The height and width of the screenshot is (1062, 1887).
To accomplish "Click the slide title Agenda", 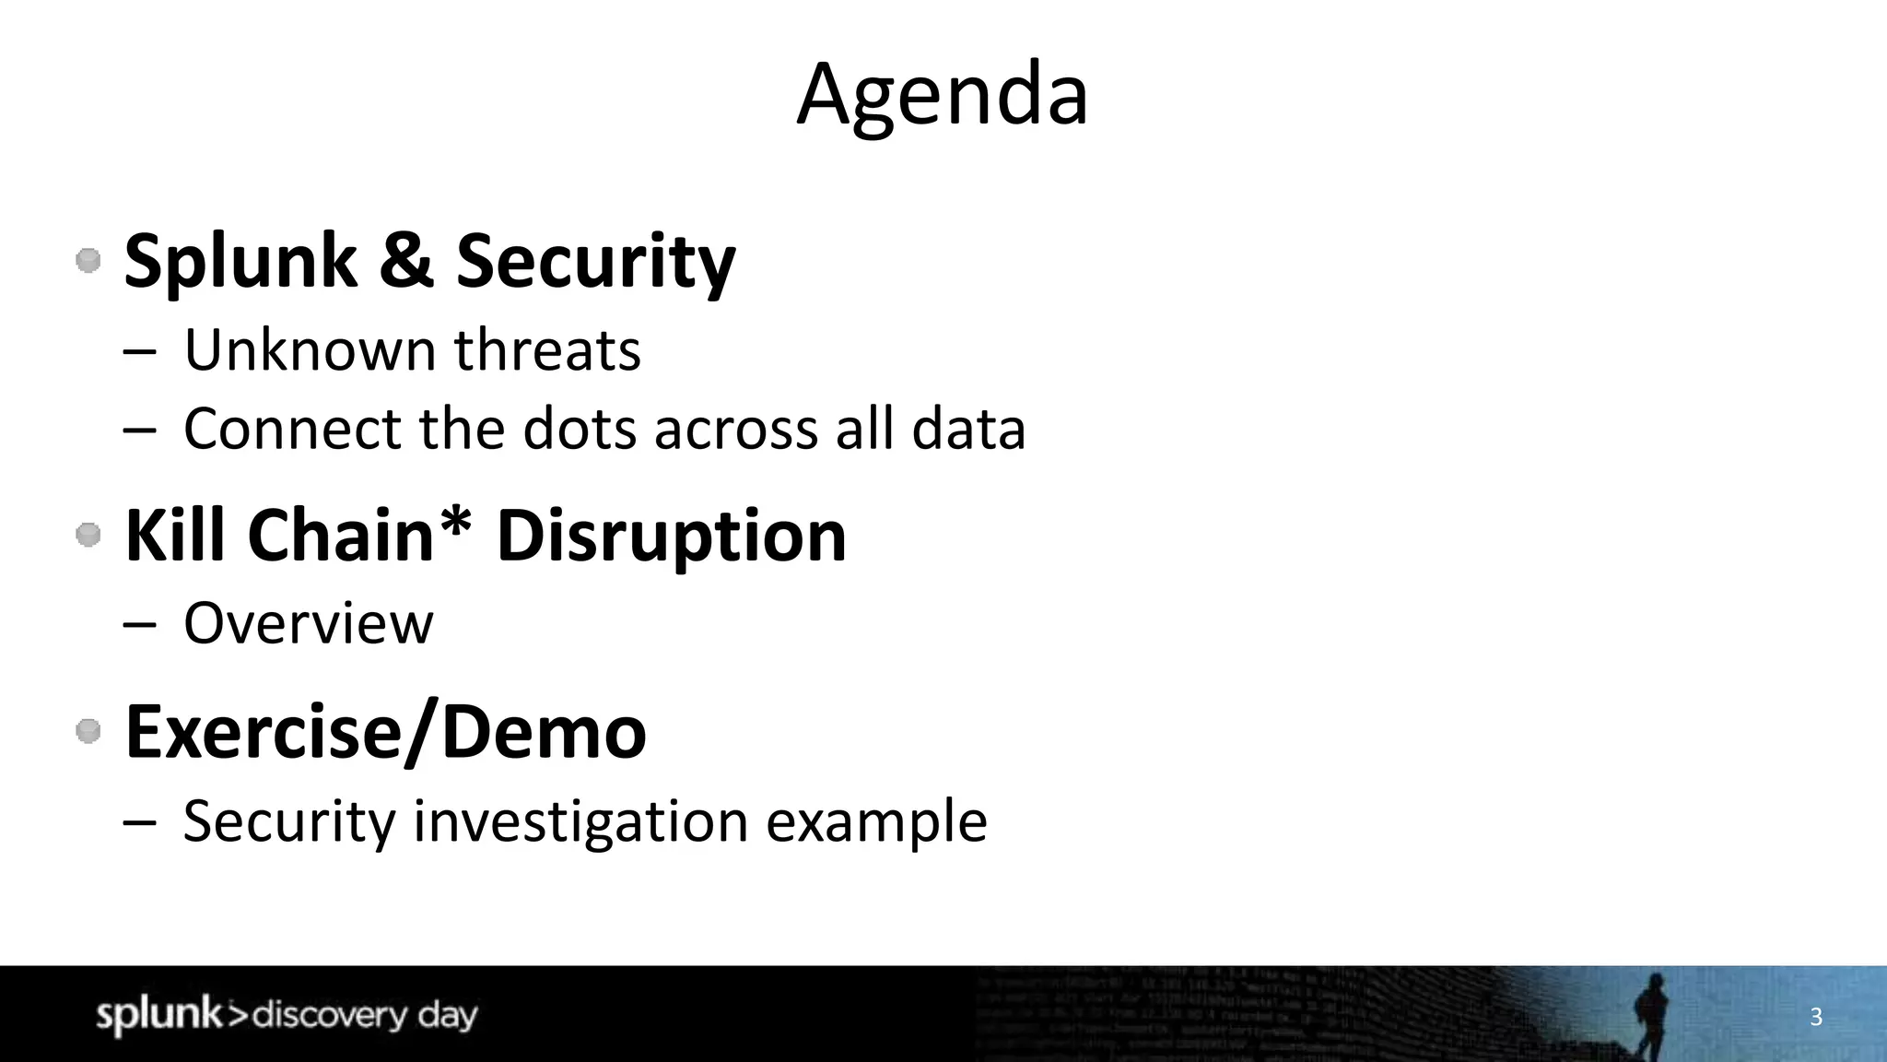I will click(942, 94).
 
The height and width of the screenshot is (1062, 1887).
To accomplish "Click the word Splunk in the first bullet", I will click(240, 262).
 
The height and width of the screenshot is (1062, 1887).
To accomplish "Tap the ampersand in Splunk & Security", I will click(405, 260).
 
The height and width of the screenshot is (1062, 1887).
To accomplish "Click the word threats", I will click(546, 350).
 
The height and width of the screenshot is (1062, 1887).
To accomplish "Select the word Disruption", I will click(671, 537).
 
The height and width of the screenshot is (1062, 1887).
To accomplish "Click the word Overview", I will click(308, 624).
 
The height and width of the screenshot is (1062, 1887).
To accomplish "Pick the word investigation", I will click(580, 821).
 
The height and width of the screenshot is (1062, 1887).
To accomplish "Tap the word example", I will click(876, 821).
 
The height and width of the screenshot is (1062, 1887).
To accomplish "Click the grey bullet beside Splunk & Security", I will click(88, 261).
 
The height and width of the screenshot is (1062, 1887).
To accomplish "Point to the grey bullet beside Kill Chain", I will click(88, 535).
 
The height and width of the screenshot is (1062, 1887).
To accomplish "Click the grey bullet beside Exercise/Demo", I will click(88, 732).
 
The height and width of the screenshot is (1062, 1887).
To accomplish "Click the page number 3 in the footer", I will click(1816, 1017).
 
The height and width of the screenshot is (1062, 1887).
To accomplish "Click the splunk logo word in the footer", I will click(158, 1015).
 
